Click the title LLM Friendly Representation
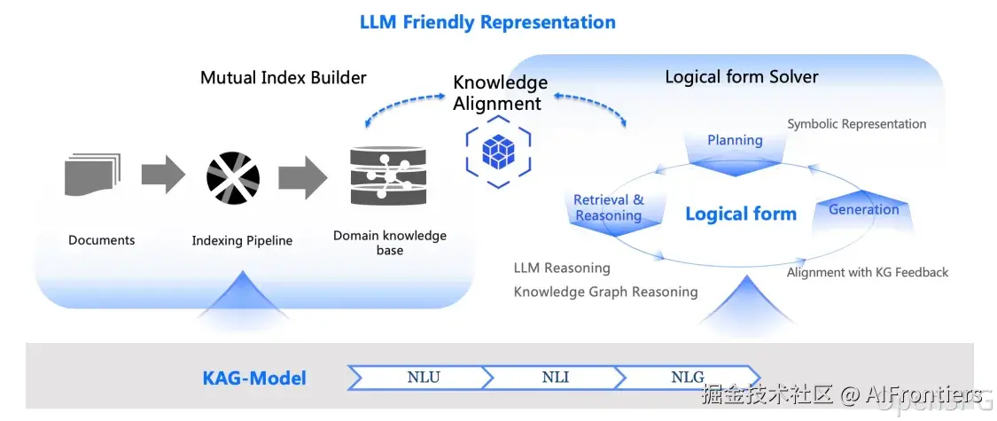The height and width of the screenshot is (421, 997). pos(487,22)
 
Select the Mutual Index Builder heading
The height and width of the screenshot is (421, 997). pos(283,77)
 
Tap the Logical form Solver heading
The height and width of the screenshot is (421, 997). pos(742,77)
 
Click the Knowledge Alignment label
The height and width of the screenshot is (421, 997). pos(500,93)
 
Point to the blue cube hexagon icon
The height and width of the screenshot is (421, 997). pos(499,152)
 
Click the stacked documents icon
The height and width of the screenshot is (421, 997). pos(92,175)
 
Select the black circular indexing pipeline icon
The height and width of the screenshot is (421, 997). pos(233,177)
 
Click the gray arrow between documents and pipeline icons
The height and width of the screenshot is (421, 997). pos(163,175)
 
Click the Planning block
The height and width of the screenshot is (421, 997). pos(735,144)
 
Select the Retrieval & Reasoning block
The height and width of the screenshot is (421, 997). pos(608,209)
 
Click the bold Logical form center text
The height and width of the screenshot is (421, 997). pos(741,214)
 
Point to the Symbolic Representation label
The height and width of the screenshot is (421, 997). pos(856,124)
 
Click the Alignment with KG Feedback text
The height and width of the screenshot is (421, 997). pos(867,272)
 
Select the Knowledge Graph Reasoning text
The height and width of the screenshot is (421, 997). pos(605,292)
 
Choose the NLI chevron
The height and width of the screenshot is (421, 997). pos(556,378)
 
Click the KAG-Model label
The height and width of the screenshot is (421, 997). pos(254,378)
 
